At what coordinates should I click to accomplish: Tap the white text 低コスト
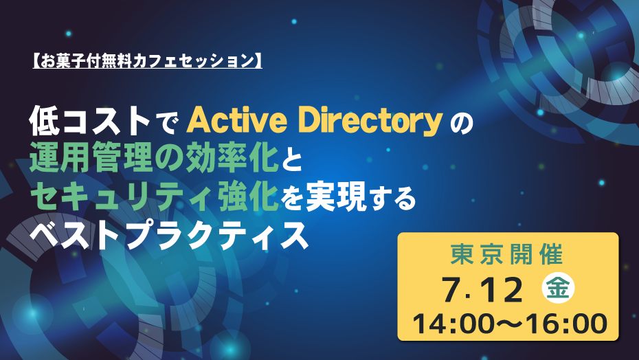[x=90, y=121]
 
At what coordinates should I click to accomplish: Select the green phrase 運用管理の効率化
[x=154, y=159]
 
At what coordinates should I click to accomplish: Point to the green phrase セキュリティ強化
[x=154, y=197]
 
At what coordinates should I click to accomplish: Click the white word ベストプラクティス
[x=169, y=236]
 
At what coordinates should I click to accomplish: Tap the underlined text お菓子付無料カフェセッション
[x=147, y=61]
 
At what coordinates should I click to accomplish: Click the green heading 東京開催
[x=507, y=254]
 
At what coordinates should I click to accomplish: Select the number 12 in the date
[x=500, y=289]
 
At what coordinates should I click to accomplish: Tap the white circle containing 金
[x=558, y=288]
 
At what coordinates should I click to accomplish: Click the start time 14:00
[x=458, y=324]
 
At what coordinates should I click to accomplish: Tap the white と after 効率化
[x=291, y=161]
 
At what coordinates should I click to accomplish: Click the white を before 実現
[x=293, y=199]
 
